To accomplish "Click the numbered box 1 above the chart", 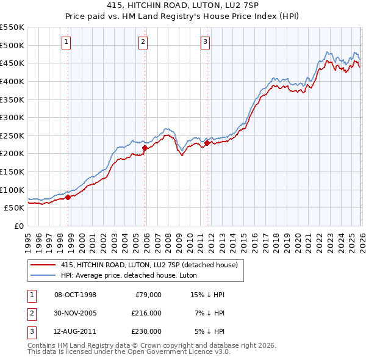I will point(66,42).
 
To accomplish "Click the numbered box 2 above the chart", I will point(143,42).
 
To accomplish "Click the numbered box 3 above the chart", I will point(206,42).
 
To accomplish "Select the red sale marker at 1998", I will point(68,197).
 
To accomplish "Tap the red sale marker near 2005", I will point(145,148).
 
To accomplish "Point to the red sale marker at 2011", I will point(207,143).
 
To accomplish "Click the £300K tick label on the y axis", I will point(12,117).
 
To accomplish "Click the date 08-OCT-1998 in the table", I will point(75,295).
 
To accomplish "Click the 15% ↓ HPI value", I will point(208,295).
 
